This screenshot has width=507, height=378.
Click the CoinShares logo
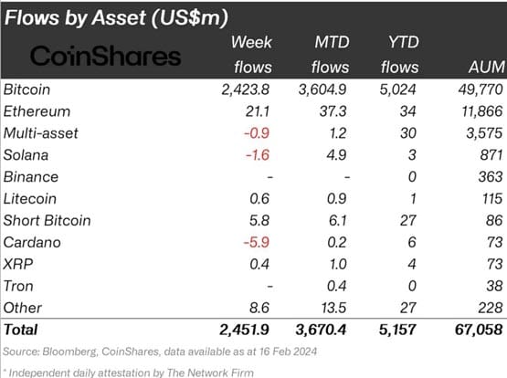[x=106, y=57]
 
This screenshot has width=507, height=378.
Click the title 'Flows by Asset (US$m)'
[x=116, y=16]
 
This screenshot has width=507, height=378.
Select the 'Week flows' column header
[x=247, y=56]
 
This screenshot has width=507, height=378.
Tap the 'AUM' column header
[x=478, y=66]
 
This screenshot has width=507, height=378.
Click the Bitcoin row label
[x=27, y=90]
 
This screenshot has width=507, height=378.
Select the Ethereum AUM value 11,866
[x=477, y=111]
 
